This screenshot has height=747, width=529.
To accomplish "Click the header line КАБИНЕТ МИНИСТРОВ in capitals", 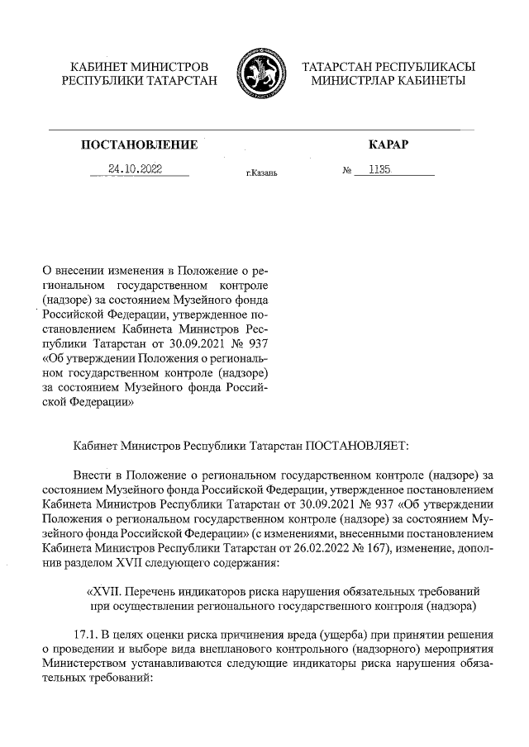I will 140,65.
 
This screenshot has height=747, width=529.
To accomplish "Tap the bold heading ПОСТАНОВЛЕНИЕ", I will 139,145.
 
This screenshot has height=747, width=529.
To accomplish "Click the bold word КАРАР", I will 388,145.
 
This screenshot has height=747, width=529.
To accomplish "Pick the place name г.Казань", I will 261,173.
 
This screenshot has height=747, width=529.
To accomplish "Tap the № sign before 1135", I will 347,171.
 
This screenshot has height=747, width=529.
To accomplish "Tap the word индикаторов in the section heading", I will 222,593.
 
